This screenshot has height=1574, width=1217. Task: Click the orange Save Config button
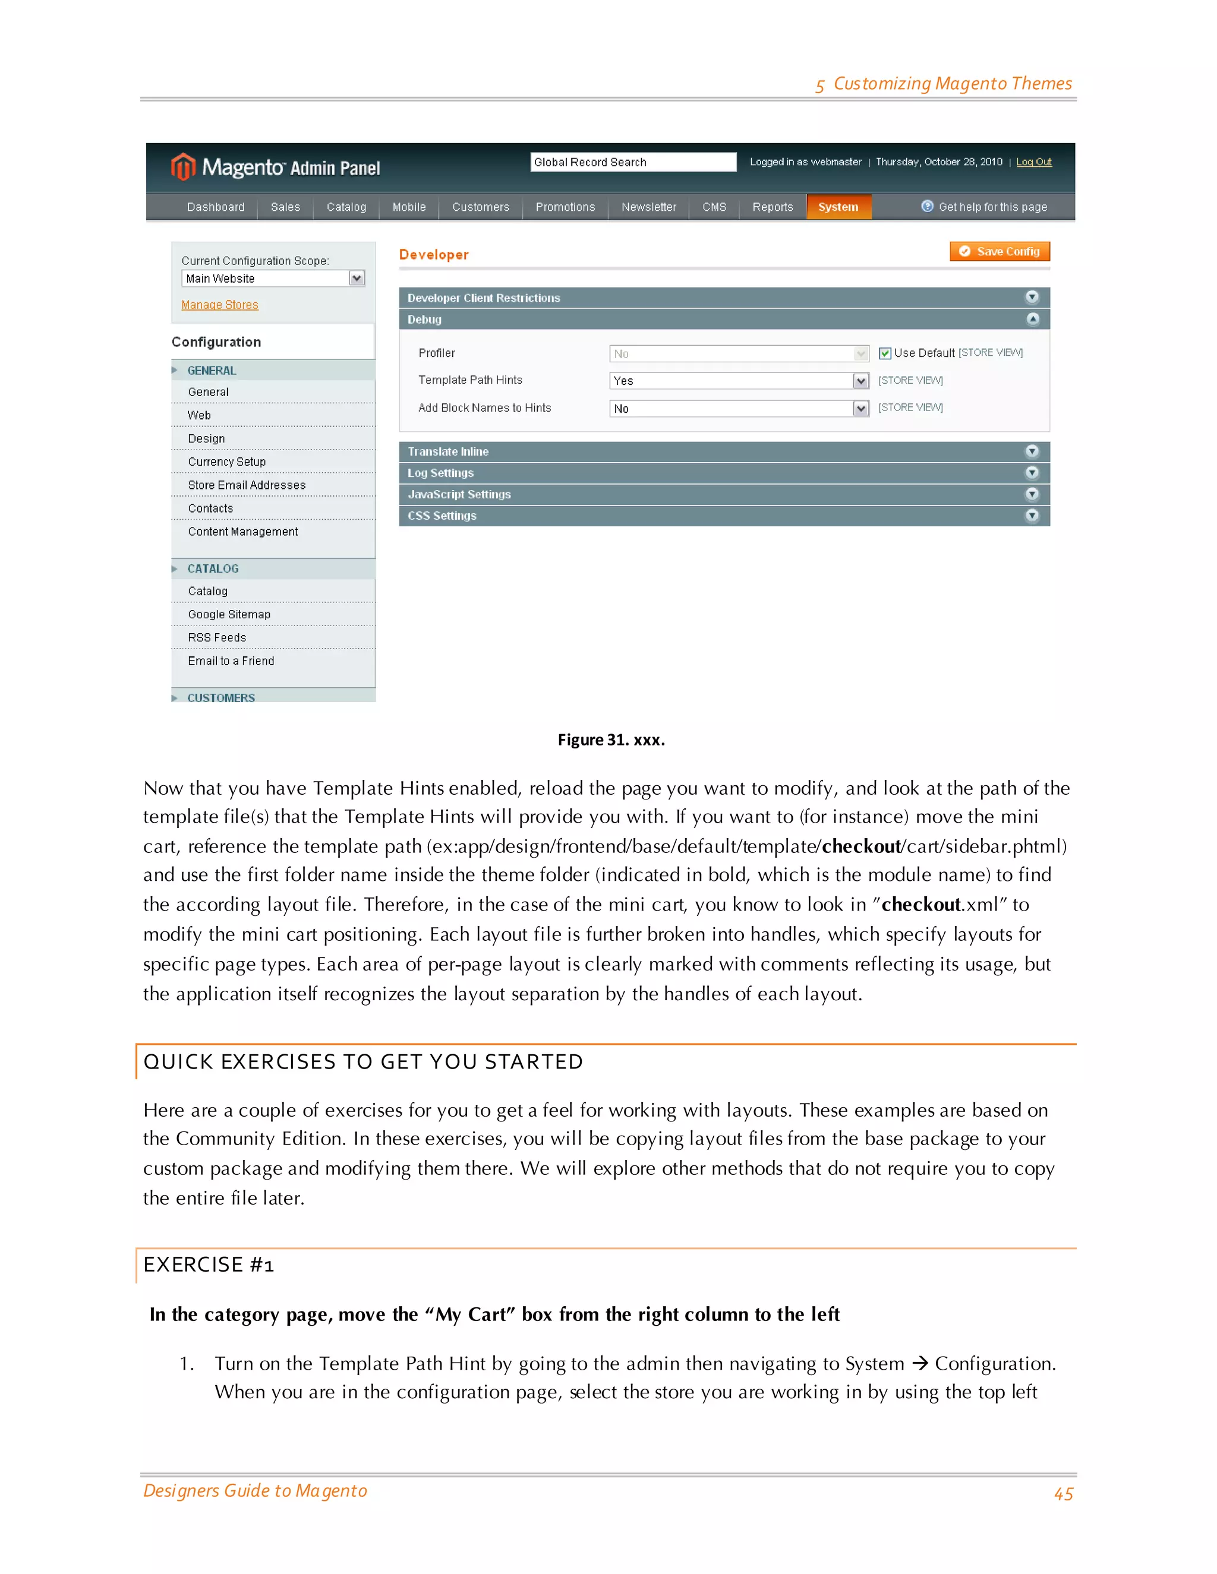pos(1000,251)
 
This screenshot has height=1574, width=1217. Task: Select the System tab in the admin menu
pos(838,207)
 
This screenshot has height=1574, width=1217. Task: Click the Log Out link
pos(1033,162)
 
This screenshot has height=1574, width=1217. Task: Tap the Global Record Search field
pos(632,162)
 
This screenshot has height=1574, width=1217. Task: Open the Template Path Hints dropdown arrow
pos(860,381)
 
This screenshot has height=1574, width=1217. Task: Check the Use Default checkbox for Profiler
pos(885,353)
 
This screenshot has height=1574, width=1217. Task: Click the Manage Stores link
pos(220,305)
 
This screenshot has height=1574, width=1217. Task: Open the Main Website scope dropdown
pos(356,278)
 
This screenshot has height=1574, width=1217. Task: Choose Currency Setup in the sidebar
pos(226,462)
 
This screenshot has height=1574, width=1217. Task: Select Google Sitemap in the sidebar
pos(229,615)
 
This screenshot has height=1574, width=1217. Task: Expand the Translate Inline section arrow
pos(1032,451)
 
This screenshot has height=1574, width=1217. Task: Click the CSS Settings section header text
pos(442,516)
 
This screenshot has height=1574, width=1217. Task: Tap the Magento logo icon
pos(183,167)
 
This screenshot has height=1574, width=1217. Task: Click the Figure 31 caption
pos(611,740)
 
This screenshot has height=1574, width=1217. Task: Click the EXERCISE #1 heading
pos(209,1265)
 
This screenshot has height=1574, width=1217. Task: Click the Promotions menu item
pos(565,207)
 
